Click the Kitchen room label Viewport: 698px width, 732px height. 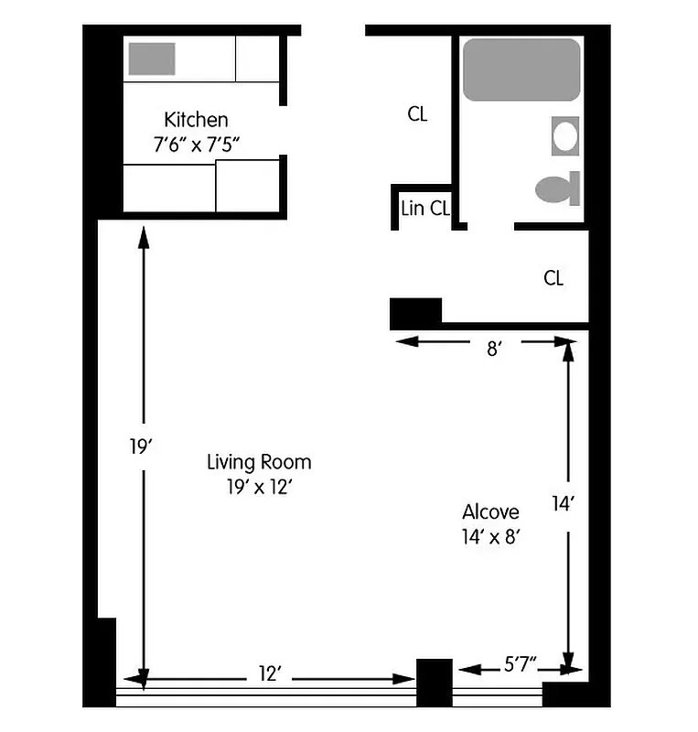pos(196,120)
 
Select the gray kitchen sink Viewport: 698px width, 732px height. pos(151,59)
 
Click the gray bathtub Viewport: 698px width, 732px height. pos(521,70)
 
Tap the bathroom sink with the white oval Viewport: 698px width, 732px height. pos(565,136)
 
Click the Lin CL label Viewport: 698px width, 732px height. pos(424,209)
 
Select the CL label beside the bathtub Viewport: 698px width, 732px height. pos(417,114)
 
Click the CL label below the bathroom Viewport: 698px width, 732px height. pos(553,278)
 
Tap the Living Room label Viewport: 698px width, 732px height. pos(258,462)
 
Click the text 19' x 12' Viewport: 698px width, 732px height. pos(258,487)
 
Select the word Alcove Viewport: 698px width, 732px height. pos(490,512)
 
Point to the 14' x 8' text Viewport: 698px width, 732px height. pos(490,537)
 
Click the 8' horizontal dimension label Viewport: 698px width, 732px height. pos(493,350)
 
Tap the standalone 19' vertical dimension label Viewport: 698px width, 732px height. pos(139,447)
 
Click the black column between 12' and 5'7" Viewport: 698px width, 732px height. pos(434,682)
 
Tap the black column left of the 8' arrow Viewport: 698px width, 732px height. pos(415,313)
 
